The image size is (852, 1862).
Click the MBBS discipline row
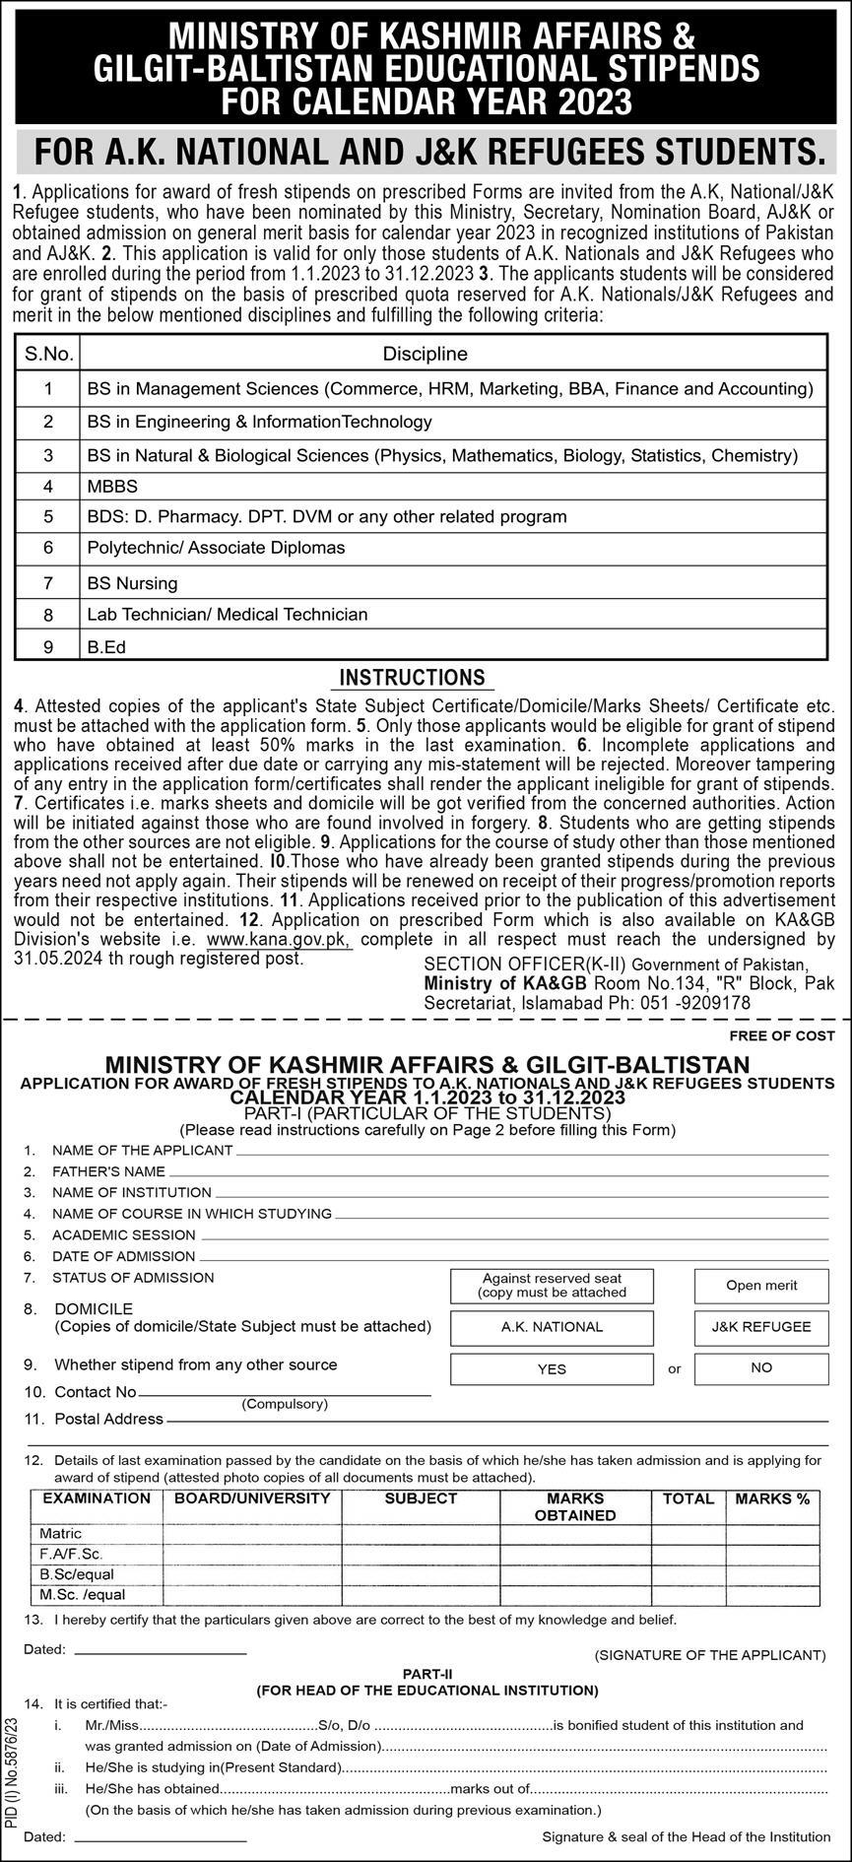pos(112,487)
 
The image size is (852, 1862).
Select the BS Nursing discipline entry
pos(132,583)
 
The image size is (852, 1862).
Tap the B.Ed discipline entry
pos(106,647)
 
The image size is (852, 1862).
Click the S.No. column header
pos(48,354)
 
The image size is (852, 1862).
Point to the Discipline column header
pos(425,354)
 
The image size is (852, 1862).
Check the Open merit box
pos(761,1286)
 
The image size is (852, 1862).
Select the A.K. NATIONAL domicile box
pos(552,1327)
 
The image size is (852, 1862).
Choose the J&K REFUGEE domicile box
pos(761,1327)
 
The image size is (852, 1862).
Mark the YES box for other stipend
pos(552,1368)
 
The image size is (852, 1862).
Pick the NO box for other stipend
pos(761,1367)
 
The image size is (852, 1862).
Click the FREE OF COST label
pos(782,1035)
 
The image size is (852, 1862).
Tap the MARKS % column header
pos(772,1498)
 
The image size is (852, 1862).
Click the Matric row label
pos(61,1534)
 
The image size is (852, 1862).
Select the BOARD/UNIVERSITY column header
pos(252,1498)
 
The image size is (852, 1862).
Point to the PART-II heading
pos(426,1674)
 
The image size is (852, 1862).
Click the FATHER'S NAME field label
pos(108,1171)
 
